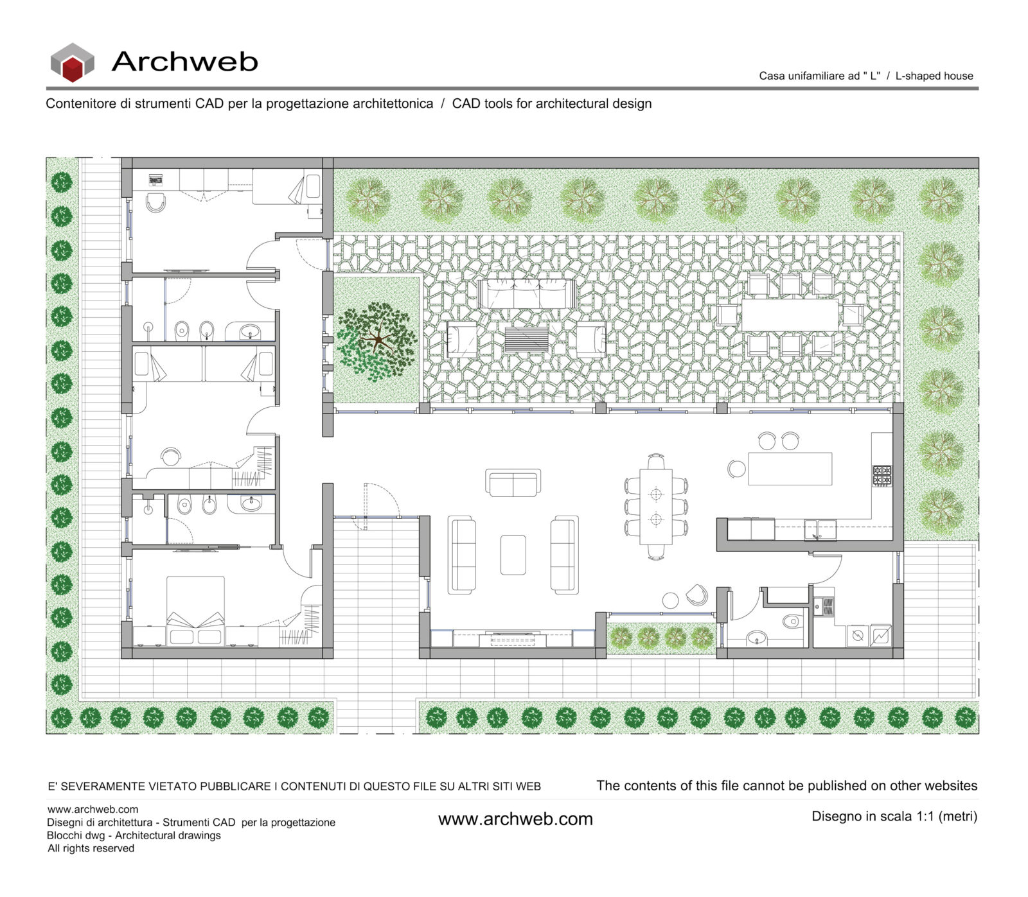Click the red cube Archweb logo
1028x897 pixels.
tap(73, 63)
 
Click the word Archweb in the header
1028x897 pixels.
tap(184, 62)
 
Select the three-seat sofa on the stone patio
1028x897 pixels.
tap(526, 293)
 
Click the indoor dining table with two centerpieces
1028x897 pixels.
tap(655, 507)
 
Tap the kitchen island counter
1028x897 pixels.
tap(790, 468)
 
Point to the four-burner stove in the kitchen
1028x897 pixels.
tap(882, 476)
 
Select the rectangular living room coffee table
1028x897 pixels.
tap(513, 555)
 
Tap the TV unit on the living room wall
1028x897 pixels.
tap(513, 640)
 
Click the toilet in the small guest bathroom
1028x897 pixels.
tap(792, 621)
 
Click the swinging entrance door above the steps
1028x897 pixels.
tap(365, 507)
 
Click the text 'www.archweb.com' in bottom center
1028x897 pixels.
tap(515, 819)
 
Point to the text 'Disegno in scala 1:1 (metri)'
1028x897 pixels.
tap(894, 817)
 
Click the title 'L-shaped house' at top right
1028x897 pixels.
tap(934, 76)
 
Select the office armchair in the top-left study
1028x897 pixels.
tap(155, 203)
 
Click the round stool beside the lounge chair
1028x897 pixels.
tap(670, 600)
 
